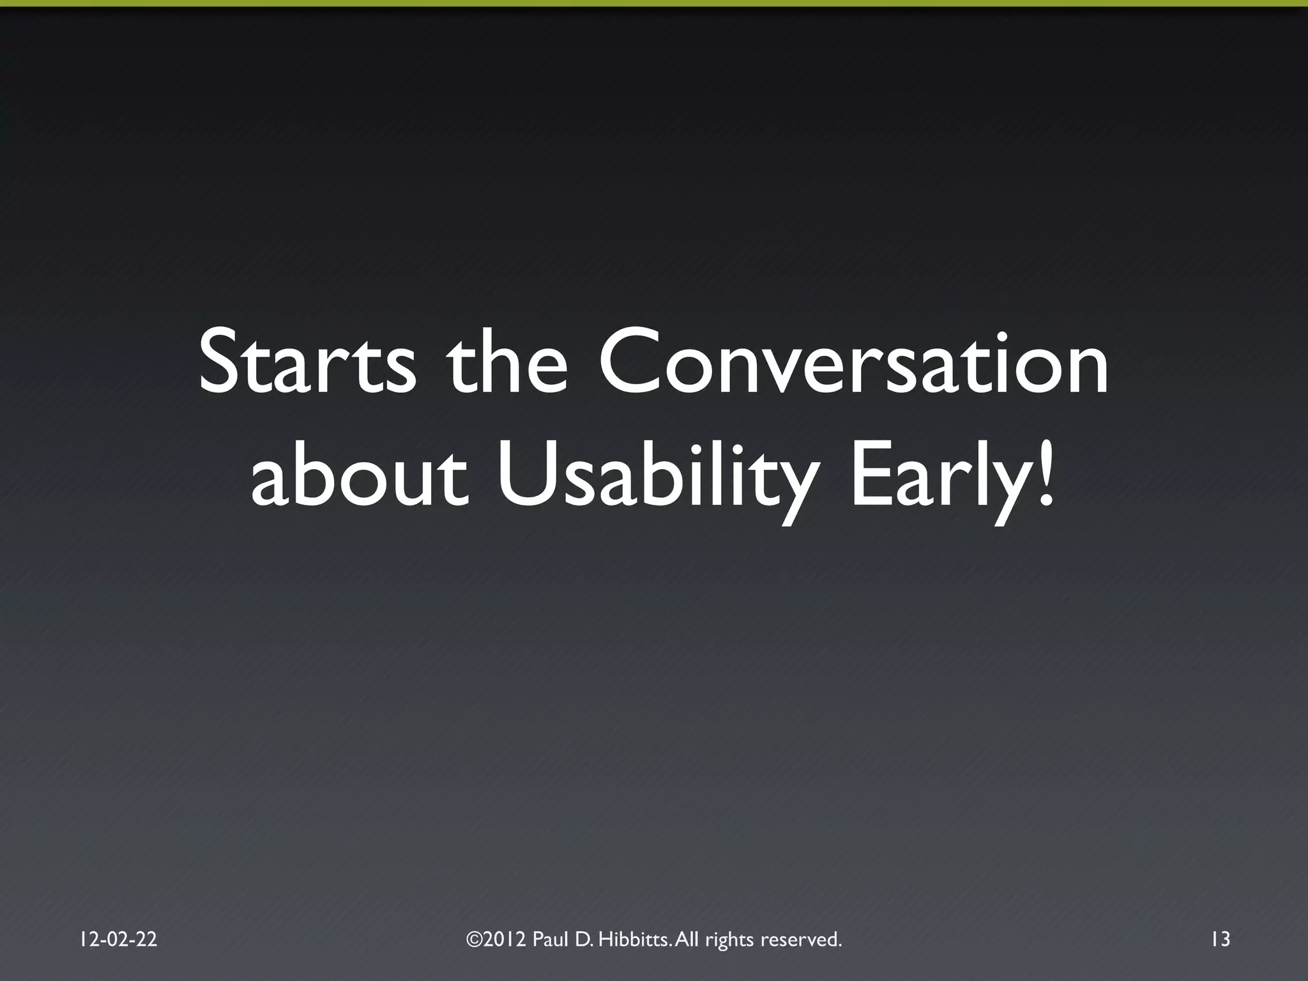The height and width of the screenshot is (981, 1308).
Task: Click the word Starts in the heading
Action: [307, 362]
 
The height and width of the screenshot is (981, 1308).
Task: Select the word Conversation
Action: [853, 362]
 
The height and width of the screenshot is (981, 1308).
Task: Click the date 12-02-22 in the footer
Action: [119, 939]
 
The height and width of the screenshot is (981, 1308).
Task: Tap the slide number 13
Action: [1220, 939]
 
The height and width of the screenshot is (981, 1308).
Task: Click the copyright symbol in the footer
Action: [475, 939]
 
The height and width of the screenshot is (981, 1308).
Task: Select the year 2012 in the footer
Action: [506, 939]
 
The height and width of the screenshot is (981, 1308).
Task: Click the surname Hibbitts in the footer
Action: [635, 939]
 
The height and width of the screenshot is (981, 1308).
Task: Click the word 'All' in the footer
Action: [687, 939]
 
